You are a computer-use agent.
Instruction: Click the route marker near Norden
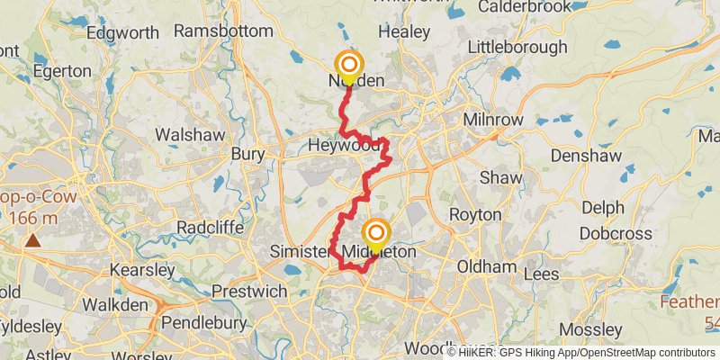348,65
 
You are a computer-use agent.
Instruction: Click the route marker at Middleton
375,234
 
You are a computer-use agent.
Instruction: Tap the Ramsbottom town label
223,31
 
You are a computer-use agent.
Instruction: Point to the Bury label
247,154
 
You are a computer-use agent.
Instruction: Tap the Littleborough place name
517,46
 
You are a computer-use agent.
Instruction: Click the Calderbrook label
525,7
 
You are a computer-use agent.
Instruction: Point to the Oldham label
486,267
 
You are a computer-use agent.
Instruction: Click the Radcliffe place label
210,228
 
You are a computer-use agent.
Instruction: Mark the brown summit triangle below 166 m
33,240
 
